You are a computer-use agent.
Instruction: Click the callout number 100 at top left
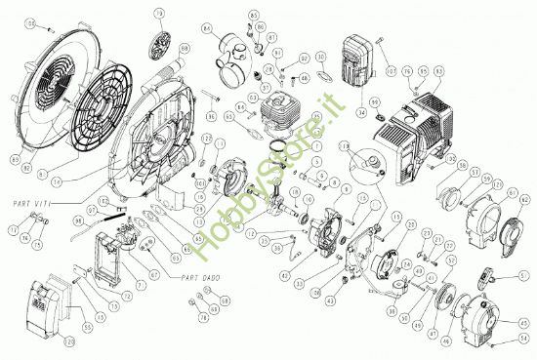click(30, 21)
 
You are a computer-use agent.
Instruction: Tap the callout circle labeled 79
click(159, 15)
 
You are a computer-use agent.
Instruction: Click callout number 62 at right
click(523, 201)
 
